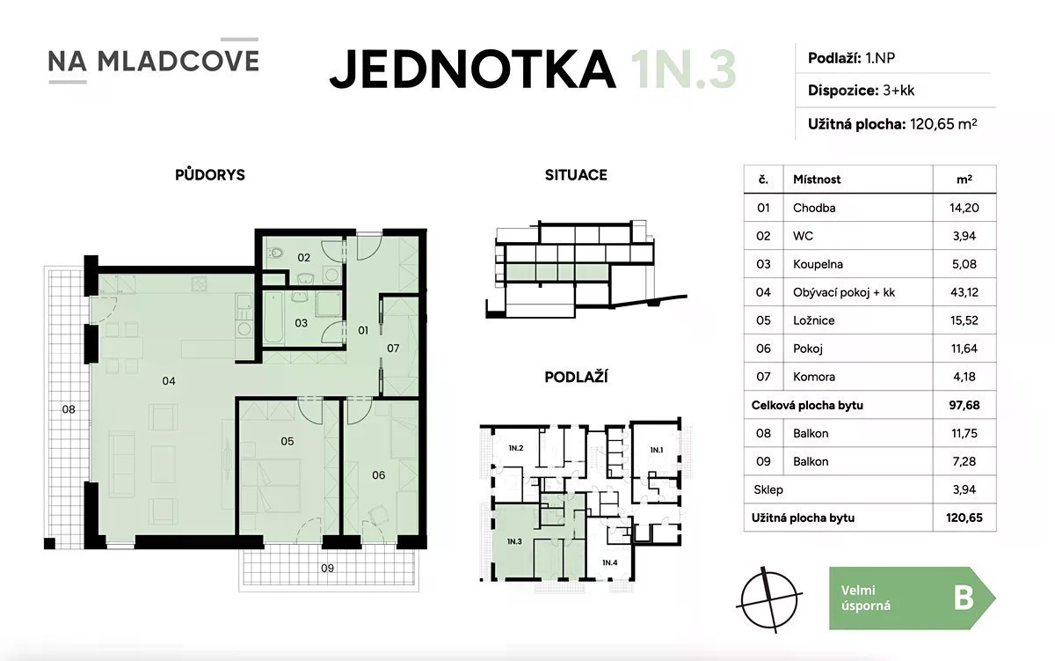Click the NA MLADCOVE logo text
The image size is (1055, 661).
[x=154, y=61]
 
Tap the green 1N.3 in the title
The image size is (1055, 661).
[x=683, y=70]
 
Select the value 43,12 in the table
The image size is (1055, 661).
[x=964, y=292]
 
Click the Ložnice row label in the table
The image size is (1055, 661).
[x=813, y=320]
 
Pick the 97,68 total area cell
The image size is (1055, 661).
[x=964, y=405]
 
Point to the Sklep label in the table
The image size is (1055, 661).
[x=768, y=490]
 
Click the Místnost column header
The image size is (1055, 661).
[x=817, y=180]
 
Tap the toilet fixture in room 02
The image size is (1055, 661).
[x=275, y=253]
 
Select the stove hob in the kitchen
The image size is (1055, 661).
[x=200, y=283]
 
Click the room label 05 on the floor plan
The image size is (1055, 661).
[x=287, y=441]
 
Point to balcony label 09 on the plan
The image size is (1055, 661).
[x=327, y=569]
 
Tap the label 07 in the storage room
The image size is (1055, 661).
[x=393, y=349]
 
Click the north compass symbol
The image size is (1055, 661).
[x=768, y=599]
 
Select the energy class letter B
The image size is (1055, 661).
[x=964, y=599]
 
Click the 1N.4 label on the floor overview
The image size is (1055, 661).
[x=609, y=562]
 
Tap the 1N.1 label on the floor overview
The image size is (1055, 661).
[x=657, y=451]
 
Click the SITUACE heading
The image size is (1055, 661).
[x=576, y=175]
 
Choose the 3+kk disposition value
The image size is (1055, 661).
[x=899, y=91]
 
